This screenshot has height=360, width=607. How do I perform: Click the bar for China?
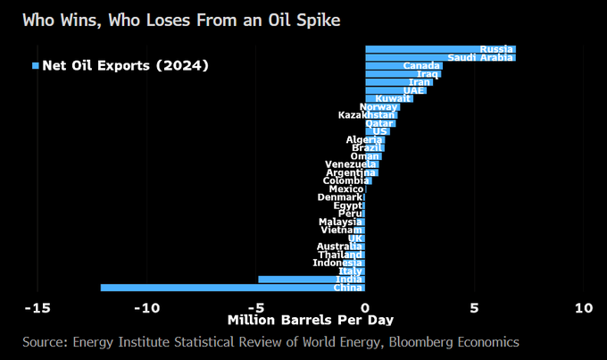tap(232, 287)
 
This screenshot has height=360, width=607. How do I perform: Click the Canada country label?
tap(420, 65)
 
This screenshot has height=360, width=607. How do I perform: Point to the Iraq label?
tap(428, 74)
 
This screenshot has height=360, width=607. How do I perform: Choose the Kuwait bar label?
tap(393, 98)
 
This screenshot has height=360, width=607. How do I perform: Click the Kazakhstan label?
tap(366, 114)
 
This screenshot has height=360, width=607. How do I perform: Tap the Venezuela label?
tap(350, 164)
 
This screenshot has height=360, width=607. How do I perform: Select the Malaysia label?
tap(340, 222)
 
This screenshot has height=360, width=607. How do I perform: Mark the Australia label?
tap(339, 246)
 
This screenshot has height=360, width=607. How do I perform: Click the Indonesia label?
tap(337, 263)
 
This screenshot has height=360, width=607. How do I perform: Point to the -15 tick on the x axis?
tap(37, 307)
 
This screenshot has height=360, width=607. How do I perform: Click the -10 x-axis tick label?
tap(146, 307)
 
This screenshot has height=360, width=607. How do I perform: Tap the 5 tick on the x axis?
tap(475, 307)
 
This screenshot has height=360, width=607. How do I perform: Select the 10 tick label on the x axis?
tap(583, 307)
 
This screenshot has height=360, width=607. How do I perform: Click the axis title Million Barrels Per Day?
tap(310, 320)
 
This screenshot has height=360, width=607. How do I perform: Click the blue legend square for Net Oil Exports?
tap(37, 65)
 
